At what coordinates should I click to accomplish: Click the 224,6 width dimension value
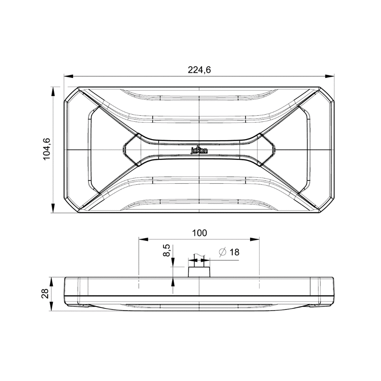199,70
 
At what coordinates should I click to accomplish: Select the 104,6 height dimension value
47,149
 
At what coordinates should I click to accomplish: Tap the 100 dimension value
199,233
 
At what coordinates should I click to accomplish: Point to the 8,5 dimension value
166,250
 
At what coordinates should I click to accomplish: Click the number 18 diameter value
235,252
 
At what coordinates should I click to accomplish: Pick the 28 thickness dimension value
45,294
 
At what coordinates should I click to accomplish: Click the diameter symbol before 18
223,252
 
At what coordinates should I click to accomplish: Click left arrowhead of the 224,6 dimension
69,76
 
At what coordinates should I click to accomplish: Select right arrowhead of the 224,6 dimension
330,76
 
